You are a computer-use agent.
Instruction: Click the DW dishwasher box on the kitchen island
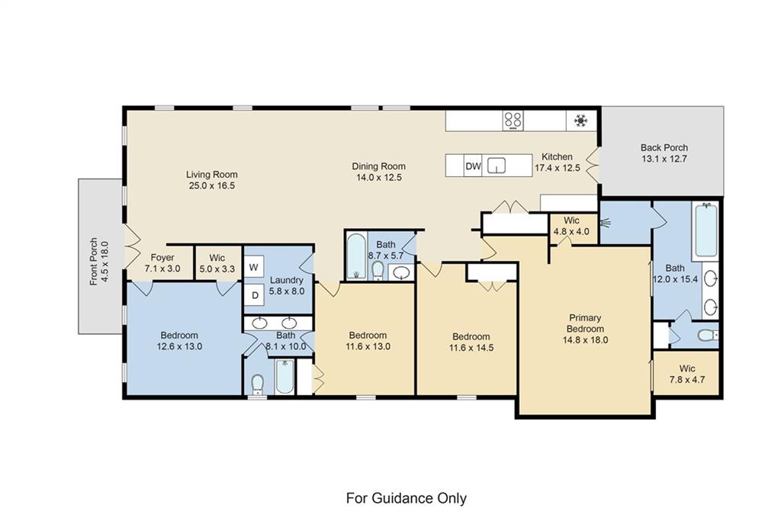(x=473, y=166)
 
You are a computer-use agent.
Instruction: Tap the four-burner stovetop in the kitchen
(x=513, y=120)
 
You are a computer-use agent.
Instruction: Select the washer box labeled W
(x=253, y=268)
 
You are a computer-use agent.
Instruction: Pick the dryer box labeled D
(x=253, y=294)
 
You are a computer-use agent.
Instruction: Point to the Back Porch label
(x=664, y=148)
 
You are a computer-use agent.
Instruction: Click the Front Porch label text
(x=94, y=262)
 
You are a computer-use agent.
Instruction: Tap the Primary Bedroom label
(x=585, y=323)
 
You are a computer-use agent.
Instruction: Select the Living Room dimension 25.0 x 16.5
(x=211, y=185)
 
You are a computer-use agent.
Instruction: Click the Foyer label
(x=162, y=258)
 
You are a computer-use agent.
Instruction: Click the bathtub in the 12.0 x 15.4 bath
(x=705, y=230)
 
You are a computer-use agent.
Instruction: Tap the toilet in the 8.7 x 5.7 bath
(x=378, y=269)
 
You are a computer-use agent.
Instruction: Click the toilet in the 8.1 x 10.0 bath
(x=258, y=381)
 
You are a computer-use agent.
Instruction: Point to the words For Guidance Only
(x=406, y=498)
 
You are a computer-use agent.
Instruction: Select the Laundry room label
(x=287, y=280)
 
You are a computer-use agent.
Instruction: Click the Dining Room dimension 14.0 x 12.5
(x=378, y=177)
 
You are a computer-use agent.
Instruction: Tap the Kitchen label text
(x=557, y=156)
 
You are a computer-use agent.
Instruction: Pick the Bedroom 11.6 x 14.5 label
(x=471, y=336)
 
